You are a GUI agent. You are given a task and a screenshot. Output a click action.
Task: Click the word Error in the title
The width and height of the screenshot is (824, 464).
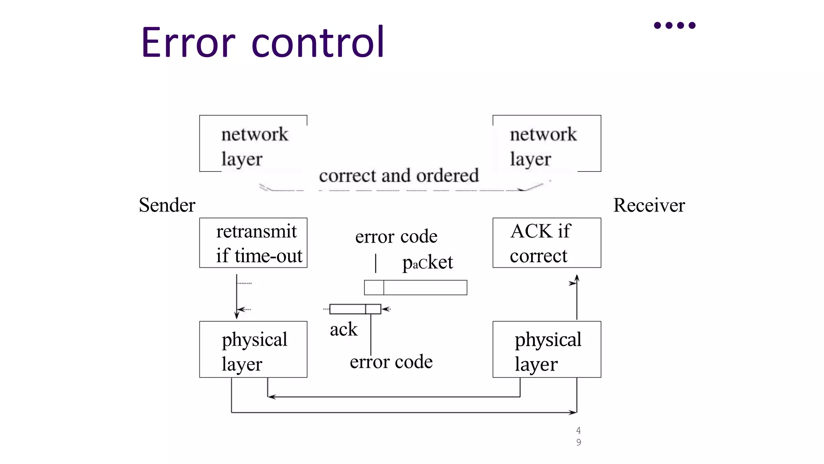[188, 42]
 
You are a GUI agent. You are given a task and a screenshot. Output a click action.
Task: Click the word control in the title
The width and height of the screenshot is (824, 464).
[318, 42]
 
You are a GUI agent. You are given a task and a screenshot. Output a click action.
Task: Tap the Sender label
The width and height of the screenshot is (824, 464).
[167, 205]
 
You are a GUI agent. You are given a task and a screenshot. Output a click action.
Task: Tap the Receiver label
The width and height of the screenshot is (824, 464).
[649, 205]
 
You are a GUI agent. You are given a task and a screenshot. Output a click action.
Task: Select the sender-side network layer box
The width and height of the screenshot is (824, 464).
[253, 144]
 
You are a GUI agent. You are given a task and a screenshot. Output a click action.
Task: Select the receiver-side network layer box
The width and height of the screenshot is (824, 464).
[547, 144]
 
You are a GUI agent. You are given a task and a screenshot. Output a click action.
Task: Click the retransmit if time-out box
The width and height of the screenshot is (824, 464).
[253, 243]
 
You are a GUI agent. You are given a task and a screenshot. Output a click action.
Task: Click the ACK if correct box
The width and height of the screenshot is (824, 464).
[547, 243]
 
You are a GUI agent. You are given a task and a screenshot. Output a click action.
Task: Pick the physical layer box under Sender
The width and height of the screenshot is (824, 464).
[253, 349]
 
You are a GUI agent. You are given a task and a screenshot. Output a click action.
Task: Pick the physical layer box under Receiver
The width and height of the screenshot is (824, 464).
[547, 349]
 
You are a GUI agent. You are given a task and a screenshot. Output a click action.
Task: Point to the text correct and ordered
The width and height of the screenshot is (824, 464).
[399, 176]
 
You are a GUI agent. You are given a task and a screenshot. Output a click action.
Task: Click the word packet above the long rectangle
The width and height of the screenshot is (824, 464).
[427, 263]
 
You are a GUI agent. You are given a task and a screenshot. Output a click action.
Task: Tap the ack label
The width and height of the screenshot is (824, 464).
[344, 329]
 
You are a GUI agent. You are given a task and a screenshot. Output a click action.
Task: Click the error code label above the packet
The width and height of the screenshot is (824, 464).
[396, 236]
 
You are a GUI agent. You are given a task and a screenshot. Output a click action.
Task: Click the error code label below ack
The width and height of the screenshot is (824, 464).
[391, 362]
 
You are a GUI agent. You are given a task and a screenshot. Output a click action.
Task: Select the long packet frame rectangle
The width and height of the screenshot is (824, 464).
[416, 288]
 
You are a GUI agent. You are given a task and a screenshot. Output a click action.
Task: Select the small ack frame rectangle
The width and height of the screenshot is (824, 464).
[355, 309]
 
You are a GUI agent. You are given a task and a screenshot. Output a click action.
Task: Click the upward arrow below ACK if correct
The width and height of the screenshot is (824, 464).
[577, 298]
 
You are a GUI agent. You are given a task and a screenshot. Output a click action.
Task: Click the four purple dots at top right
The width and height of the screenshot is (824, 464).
[675, 25]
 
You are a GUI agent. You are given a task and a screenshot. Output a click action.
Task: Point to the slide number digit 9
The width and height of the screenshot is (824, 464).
[579, 442]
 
